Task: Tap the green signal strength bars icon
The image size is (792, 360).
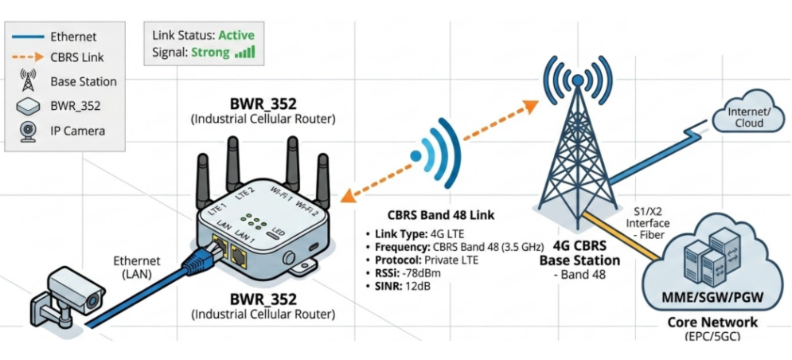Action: (x=246, y=53)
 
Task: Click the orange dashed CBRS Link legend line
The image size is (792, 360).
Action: (x=29, y=57)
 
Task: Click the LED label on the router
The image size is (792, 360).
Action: (x=278, y=233)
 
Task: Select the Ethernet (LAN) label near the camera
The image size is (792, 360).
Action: (x=137, y=267)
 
